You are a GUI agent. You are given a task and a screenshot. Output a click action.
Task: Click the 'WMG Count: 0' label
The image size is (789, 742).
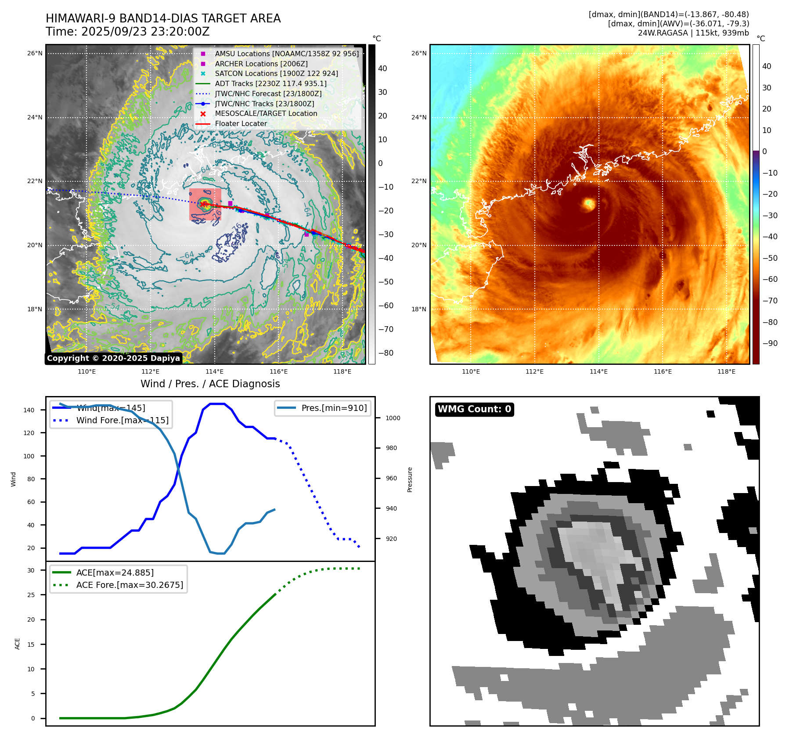[x=474, y=409]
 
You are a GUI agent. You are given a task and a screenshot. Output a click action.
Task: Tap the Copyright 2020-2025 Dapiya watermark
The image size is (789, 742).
[x=113, y=358]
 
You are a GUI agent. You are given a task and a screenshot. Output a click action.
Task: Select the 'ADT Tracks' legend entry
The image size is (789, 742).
[x=270, y=83]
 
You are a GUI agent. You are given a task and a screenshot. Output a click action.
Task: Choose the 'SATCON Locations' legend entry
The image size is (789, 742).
[x=276, y=73]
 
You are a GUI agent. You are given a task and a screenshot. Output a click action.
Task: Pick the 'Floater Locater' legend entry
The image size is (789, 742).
[x=241, y=123]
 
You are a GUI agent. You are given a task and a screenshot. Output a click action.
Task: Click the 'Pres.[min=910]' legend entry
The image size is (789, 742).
[x=334, y=408]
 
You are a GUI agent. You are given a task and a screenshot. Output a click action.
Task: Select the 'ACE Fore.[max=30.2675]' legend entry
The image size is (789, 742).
[x=130, y=585]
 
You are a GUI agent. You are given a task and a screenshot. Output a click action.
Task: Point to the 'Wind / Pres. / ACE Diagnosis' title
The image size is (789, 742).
[x=210, y=384]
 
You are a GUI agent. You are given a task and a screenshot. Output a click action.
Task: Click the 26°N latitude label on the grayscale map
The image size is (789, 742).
[x=35, y=54]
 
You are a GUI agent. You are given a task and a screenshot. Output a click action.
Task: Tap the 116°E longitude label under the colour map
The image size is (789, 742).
[x=662, y=371]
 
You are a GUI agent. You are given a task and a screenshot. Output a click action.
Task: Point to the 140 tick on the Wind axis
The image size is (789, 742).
[x=29, y=410]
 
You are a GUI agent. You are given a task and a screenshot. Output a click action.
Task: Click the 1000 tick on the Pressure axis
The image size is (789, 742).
[x=393, y=418]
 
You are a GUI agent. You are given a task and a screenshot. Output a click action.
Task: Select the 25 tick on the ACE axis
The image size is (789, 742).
[x=31, y=595]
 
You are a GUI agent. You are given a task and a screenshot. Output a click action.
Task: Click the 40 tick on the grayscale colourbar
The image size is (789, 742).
[x=382, y=68]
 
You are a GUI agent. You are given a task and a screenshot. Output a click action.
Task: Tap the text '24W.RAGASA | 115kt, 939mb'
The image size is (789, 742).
[x=693, y=33]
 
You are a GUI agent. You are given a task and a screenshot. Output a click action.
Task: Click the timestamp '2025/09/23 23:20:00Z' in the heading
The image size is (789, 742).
[x=145, y=32]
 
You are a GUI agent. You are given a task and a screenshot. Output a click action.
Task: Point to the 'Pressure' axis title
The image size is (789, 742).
[x=410, y=479]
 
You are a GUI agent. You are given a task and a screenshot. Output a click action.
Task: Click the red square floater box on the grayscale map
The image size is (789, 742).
[x=205, y=205]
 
